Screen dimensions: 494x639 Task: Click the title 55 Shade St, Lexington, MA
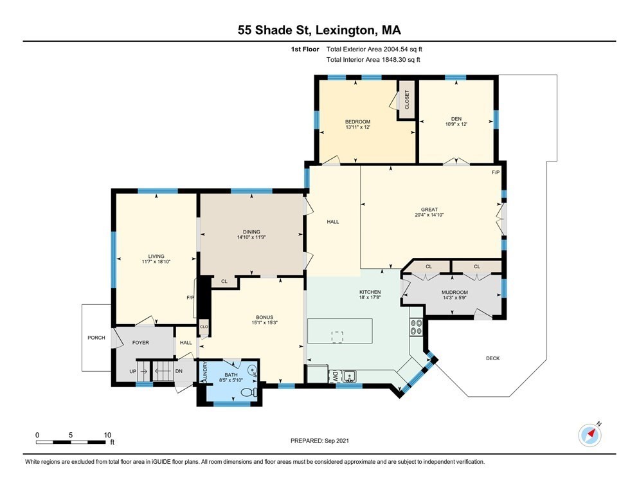(x=319, y=30)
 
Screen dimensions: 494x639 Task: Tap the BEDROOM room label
(x=357, y=122)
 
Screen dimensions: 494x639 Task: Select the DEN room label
(x=456, y=118)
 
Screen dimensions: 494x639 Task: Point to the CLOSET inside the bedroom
(x=406, y=100)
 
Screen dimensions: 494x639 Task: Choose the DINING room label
(x=251, y=231)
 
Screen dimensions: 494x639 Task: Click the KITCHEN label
(x=370, y=291)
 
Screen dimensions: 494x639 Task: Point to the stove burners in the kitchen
(x=416, y=327)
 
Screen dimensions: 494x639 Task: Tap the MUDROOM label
(x=455, y=293)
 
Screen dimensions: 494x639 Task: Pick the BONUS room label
(x=265, y=317)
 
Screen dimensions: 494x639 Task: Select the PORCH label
(x=96, y=337)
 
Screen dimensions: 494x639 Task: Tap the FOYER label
(x=140, y=343)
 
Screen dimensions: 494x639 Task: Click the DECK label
(x=492, y=358)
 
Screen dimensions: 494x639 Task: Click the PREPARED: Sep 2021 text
(x=320, y=441)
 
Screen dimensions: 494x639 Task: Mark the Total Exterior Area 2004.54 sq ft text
(x=374, y=49)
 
